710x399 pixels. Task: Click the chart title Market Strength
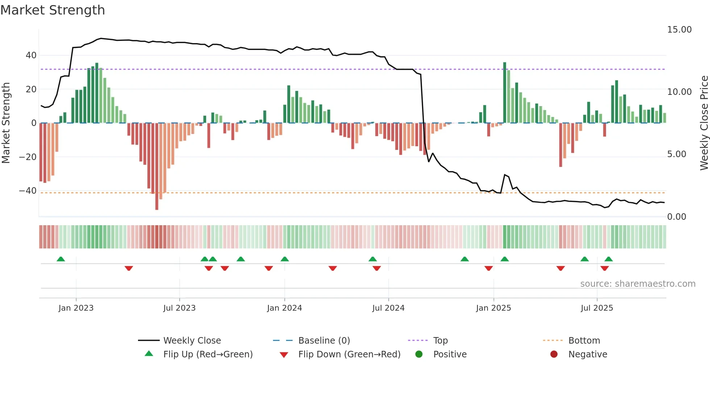[53, 10]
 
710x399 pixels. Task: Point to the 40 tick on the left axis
[31, 55]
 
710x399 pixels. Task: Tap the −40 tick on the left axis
[28, 191]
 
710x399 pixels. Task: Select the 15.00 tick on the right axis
[679, 30]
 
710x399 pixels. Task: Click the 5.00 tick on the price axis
[676, 154]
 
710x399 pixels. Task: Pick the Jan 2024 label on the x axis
[284, 308]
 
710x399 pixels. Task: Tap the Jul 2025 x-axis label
[597, 308]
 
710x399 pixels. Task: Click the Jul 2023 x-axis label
[179, 308]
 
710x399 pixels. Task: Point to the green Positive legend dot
[419, 354]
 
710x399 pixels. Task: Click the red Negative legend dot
[554, 354]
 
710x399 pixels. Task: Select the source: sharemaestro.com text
[638, 284]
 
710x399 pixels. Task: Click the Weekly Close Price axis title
[704, 123]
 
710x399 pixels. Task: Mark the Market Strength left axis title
[6, 123]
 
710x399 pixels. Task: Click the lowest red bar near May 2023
[157, 167]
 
